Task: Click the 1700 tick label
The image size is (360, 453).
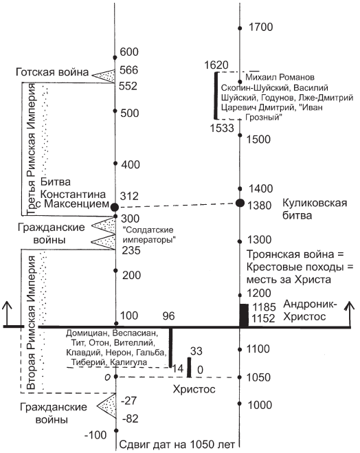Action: pos(260,27)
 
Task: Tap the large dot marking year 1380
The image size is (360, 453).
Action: pos(240,203)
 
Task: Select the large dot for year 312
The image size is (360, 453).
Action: pos(115,207)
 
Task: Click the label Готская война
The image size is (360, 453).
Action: pos(52,72)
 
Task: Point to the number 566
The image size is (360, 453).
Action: pos(129,70)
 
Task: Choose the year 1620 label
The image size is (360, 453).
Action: pos(216,65)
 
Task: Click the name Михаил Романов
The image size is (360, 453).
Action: pos(280,78)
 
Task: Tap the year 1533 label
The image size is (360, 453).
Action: pos(222,128)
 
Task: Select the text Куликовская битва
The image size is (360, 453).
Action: pos(315,209)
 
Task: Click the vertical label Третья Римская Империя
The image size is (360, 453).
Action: pos(31,149)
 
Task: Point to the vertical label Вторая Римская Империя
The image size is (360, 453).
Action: pos(31,322)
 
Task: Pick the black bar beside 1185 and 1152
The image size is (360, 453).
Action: pos(244,316)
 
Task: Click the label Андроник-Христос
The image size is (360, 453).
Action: pos(310,311)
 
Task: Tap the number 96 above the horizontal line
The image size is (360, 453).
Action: pos(168,316)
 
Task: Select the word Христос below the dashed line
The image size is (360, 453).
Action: pos(194,389)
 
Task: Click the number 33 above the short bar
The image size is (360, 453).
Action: pos(196,351)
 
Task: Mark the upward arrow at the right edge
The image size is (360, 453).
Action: pos(350,314)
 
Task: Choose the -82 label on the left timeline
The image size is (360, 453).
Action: pos(131,419)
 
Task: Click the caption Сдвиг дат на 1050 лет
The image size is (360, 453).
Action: pos(177,444)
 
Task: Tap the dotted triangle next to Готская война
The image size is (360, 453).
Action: pos(104,76)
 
